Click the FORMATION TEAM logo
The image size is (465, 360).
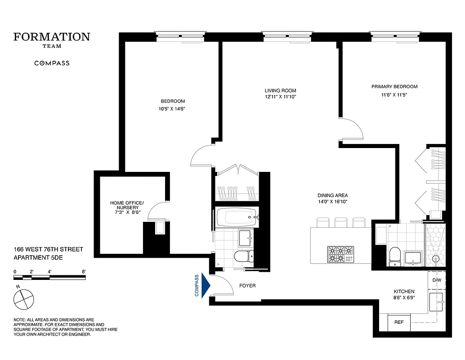[x=52, y=39]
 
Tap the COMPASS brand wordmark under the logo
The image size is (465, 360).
[x=52, y=63]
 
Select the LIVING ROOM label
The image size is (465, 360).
[x=280, y=90]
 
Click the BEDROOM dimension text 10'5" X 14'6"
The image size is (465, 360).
[x=173, y=108]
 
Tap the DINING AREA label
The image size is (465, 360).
[x=332, y=195]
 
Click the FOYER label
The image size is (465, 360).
[x=247, y=286]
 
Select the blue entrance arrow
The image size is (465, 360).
[x=206, y=286]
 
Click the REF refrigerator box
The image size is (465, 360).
[x=399, y=323]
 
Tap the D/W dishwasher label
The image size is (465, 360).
[x=437, y=280]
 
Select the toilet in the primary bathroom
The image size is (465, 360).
[x=395, y=255]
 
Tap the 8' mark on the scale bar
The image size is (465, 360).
[x=84, y=272]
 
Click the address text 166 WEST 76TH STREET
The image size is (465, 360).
[x=48, y=249]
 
